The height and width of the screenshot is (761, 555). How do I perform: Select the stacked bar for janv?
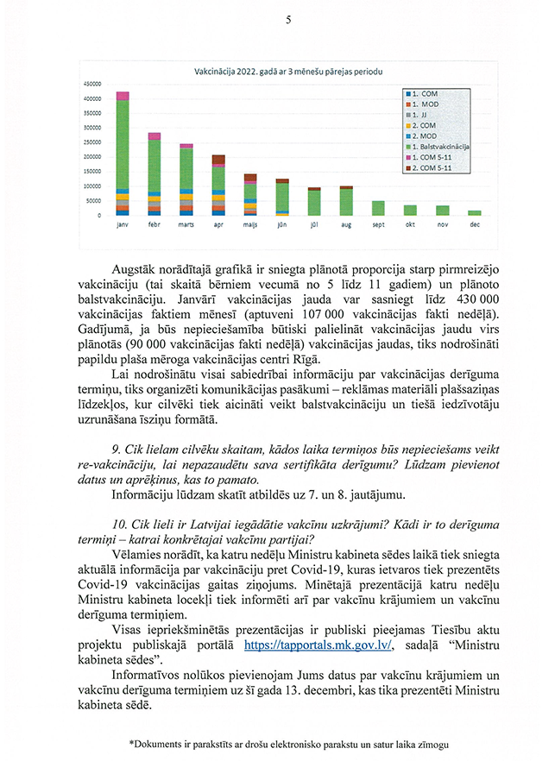123,154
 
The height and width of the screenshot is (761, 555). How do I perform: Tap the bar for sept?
378,208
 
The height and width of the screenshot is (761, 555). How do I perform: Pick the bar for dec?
475,212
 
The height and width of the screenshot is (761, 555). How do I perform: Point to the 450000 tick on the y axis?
92,84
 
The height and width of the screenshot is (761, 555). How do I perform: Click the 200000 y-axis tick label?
92,157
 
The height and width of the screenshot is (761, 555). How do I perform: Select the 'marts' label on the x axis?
186,224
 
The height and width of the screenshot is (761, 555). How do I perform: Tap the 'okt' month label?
410,224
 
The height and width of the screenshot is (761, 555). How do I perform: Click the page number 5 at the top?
287,20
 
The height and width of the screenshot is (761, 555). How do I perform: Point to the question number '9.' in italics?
117,450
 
